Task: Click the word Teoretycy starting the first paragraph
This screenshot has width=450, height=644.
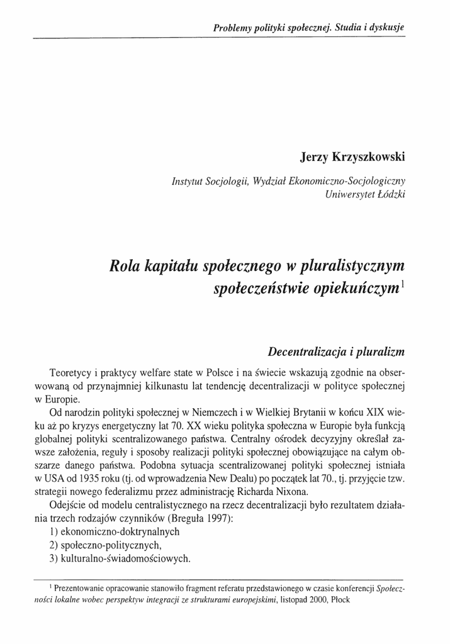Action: [73, 370]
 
